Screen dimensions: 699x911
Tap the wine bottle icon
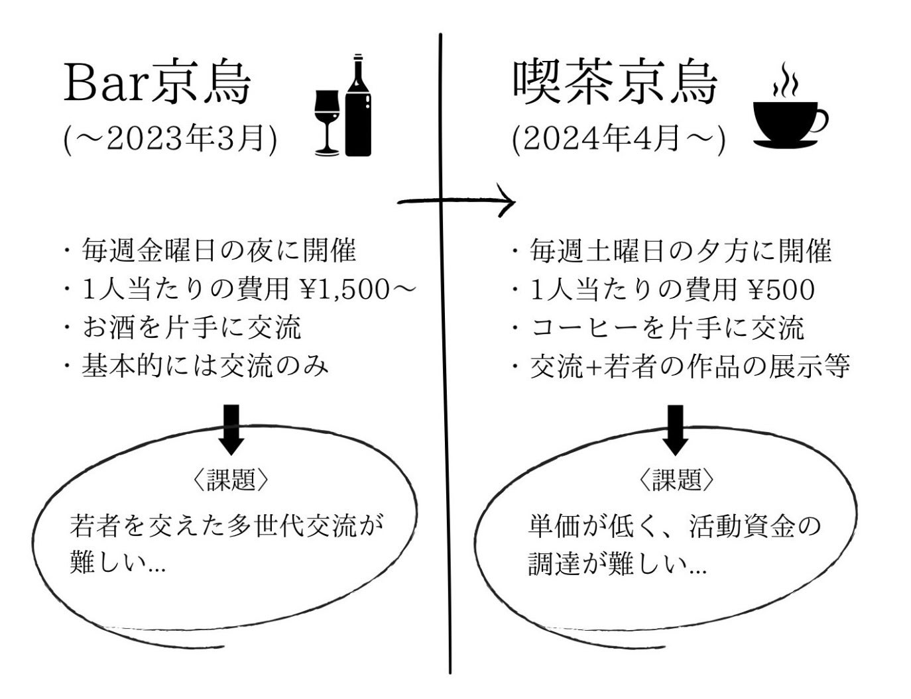tap(358, 106)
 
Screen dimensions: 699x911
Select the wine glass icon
tap(327, 122)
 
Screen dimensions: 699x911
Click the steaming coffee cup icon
tap(788, 113)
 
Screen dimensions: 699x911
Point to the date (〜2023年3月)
tap(170, 138)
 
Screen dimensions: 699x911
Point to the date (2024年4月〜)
tap(619, 138)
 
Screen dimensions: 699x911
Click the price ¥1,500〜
tap(357, 289)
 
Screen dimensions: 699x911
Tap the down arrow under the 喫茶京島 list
tap(675, 429)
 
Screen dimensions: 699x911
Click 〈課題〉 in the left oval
tap(231, 480)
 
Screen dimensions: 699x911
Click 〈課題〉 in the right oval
tap(676, 480)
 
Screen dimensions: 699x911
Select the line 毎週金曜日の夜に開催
tap(219, 250)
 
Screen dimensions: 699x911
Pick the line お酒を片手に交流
tap(192, 327)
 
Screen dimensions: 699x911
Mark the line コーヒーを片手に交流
tap(667, 327)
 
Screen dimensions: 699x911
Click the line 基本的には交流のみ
tap(205, 366)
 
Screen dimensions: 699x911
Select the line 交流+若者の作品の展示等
tap(690, 366)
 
